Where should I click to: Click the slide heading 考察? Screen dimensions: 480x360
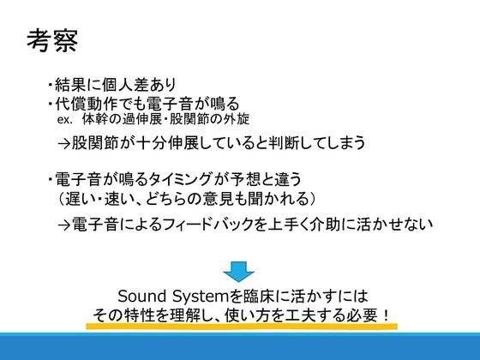click(x=52, y=41)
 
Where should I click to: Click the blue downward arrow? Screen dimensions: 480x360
click(x=238, y=272)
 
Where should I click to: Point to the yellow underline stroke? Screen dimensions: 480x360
click(x=242, y=327)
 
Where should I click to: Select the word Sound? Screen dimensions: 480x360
click(x=142, y=296)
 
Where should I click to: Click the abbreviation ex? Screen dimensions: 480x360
click(x=65, y=120)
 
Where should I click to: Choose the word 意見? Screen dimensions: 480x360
click(x=218, y=199)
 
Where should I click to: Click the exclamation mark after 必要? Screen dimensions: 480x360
click(x=386, y=315)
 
